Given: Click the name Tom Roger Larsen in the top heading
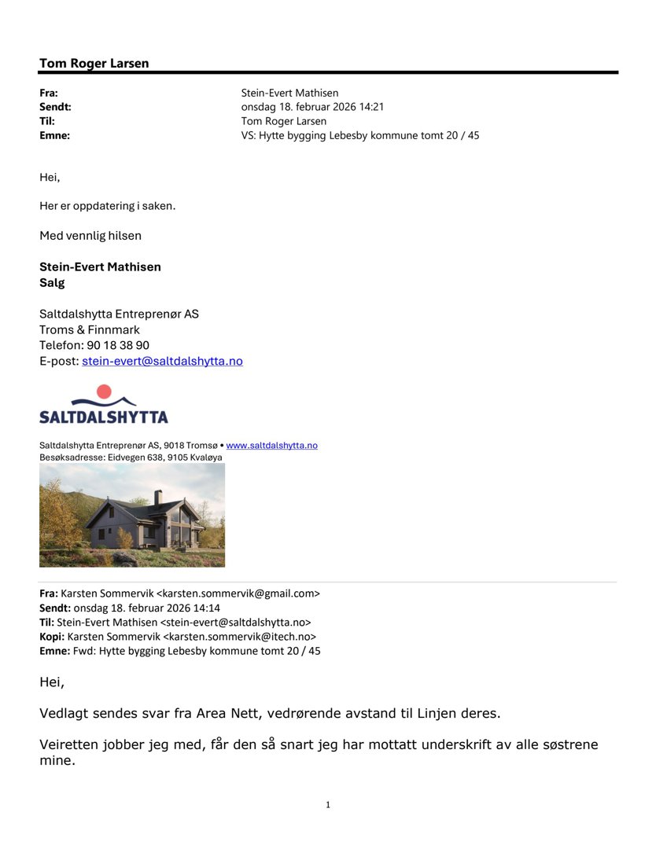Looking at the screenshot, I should point(94,64).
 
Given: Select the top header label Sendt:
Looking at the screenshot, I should point(55,107).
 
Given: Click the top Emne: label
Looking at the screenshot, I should point(54,135).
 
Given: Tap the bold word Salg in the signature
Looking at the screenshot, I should point(52,282).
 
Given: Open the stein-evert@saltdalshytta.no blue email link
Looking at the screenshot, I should point(162,361).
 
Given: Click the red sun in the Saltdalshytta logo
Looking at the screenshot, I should point(104,391).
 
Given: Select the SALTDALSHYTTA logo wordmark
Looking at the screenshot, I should point(103,416).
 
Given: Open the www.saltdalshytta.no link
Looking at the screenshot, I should point(271,445).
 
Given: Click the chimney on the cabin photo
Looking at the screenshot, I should point(158,497).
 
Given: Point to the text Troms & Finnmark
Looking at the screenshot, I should point(90,329).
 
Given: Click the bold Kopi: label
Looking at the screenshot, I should point(52,636).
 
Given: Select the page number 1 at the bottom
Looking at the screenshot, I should point(328,804).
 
